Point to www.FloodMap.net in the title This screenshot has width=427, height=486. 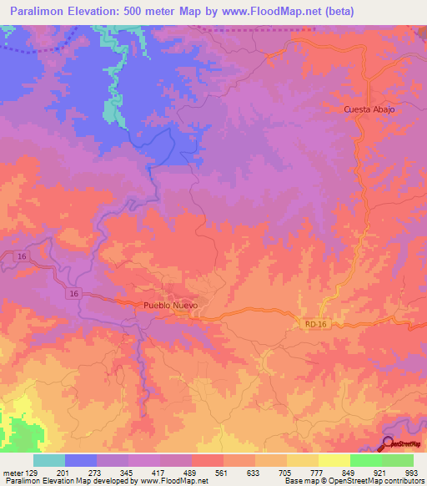pos(256,12)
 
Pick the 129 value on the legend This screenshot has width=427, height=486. pos(33,472)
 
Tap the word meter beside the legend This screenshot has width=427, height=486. pos(13,472)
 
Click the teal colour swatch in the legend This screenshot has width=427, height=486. pos(49,460)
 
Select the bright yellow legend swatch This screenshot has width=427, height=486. pos(334,460)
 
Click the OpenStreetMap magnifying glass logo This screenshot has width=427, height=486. pos(389,444)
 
